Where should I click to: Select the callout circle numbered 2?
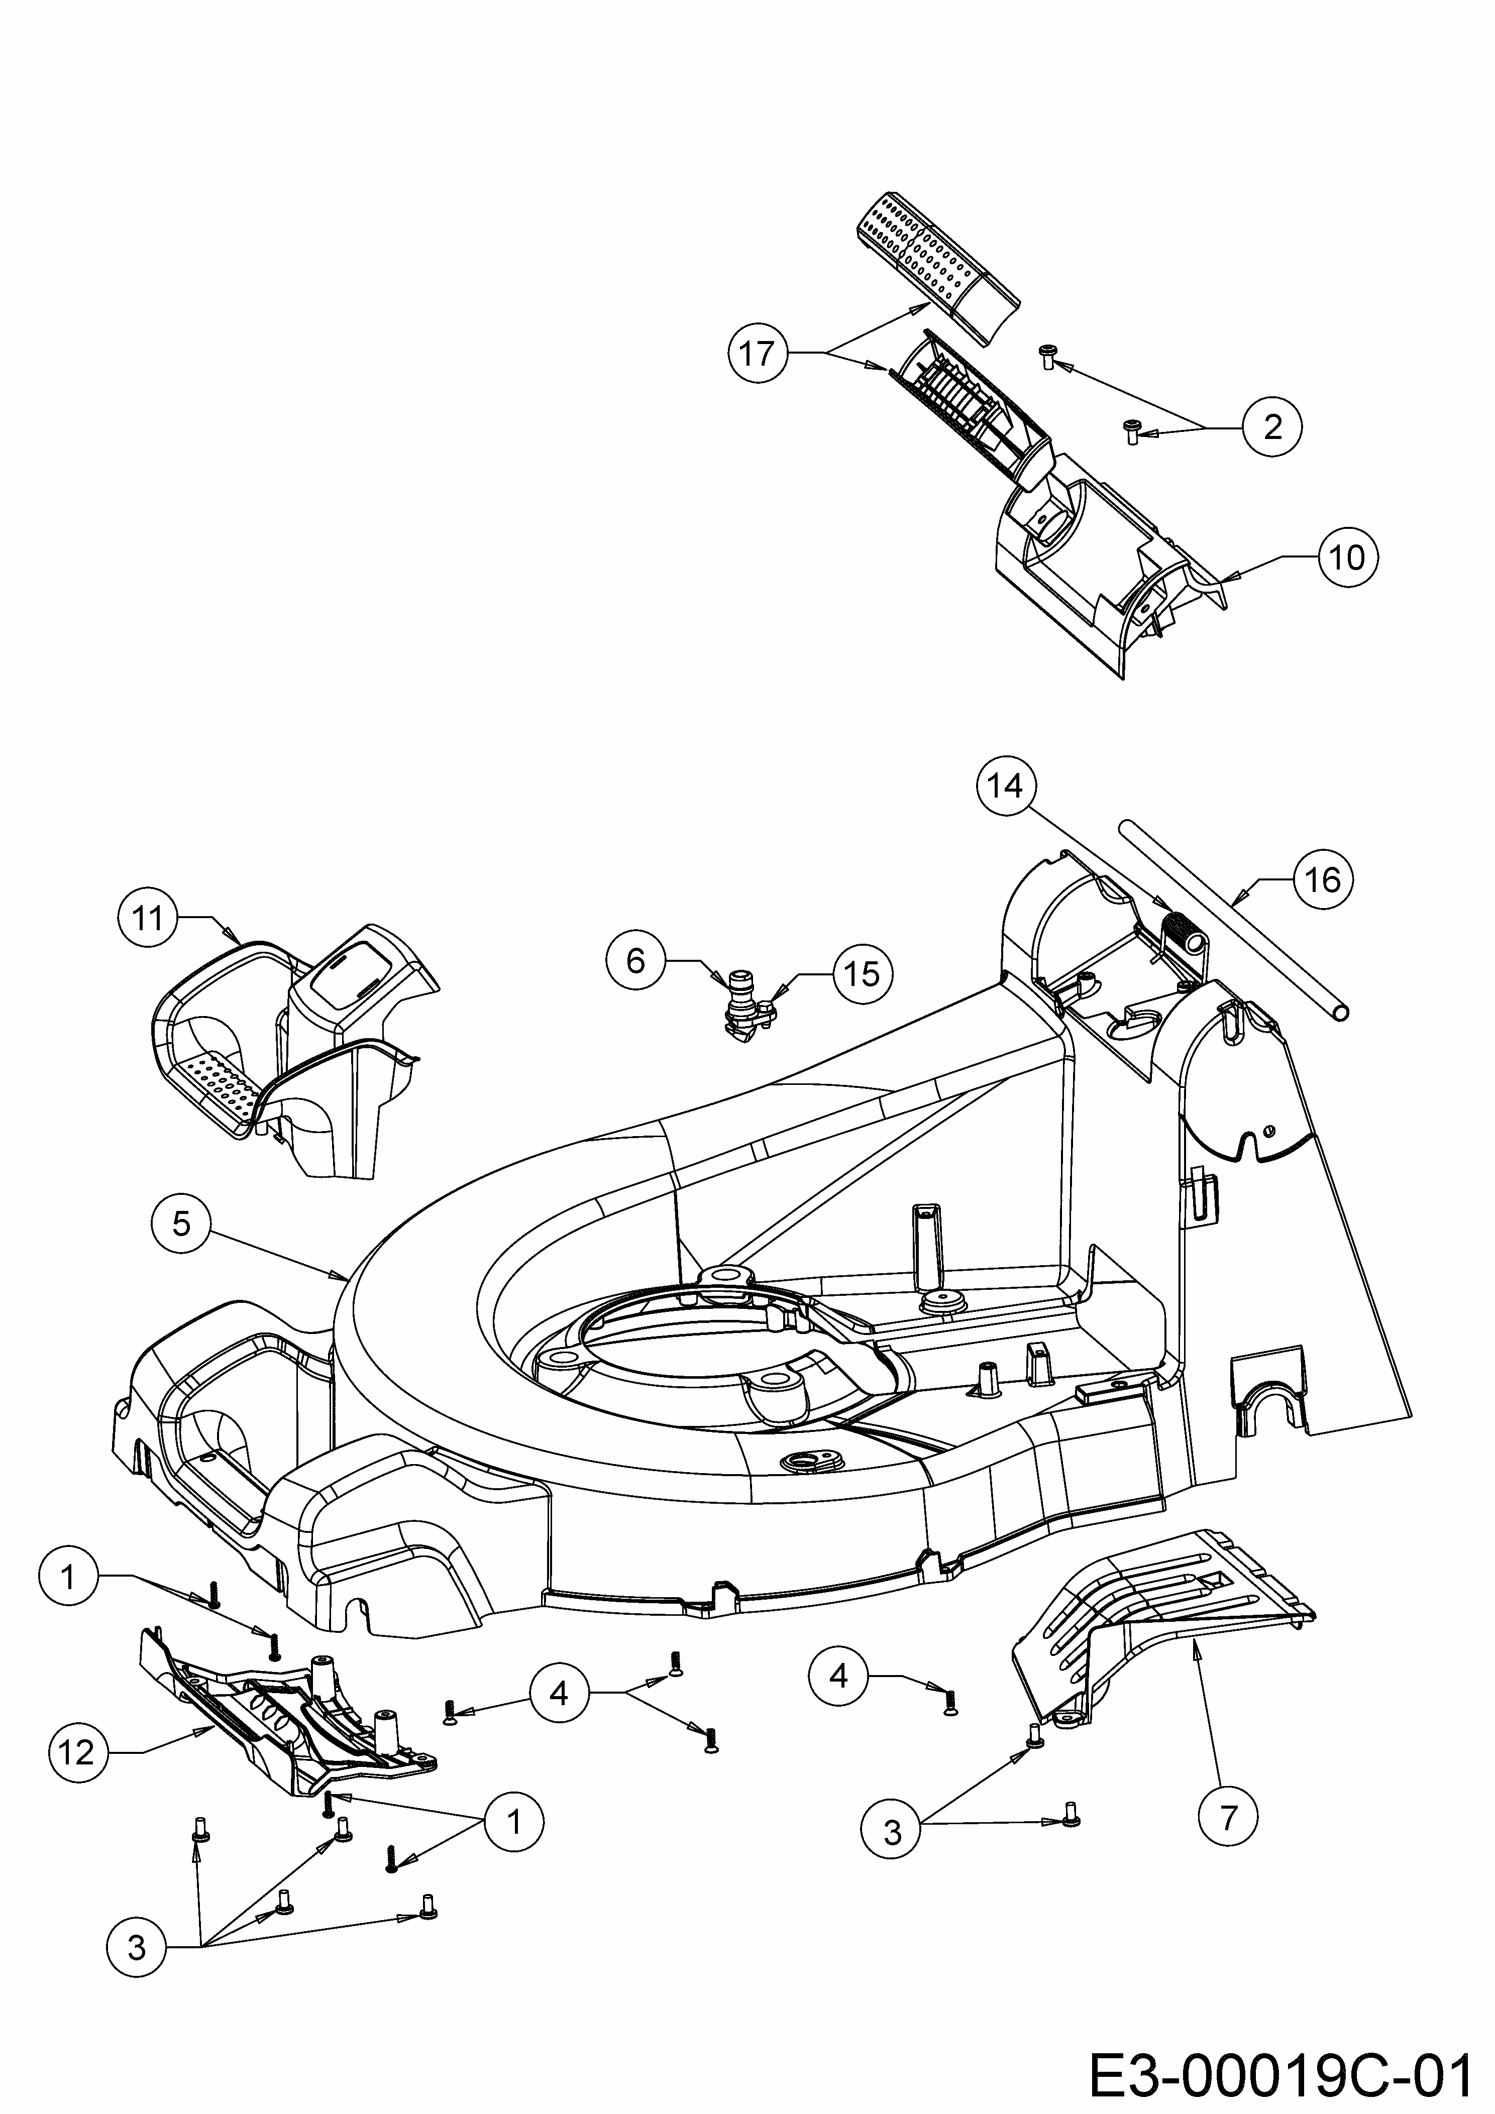coord(1272,426)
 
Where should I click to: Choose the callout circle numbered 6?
coord(635,961)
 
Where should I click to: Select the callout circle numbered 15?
coord(862,974)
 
